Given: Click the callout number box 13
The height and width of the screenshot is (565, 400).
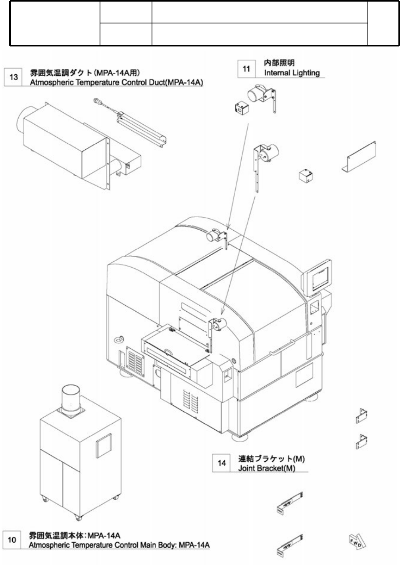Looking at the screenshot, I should [x=13, y=77].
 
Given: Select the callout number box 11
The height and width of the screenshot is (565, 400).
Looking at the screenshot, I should [x=246, y=69].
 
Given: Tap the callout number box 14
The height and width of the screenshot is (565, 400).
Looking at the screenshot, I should [x=222, y=463].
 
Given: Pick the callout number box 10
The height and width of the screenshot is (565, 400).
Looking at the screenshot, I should [x=12, y=540].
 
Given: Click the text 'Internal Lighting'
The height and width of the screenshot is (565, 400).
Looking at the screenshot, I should [x=292, y=73].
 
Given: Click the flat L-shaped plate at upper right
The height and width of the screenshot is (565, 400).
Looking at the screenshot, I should [x=359, y=156].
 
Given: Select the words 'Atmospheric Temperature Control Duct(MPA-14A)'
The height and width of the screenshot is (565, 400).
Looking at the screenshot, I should [x=117, y=83].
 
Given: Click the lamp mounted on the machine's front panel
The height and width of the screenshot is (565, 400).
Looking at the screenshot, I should [x=218, y=324].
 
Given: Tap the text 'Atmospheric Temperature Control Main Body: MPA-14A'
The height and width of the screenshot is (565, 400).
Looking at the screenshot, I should [x=119, y=545].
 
